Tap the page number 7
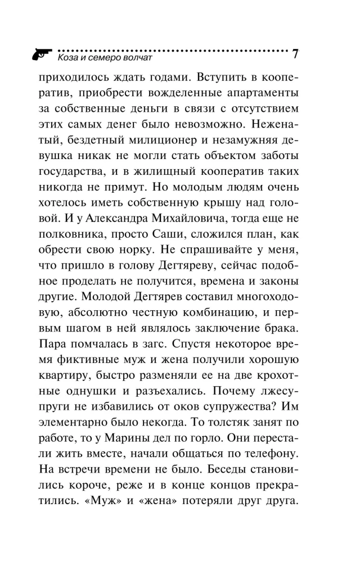point(295,55)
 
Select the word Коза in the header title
point(68,57)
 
